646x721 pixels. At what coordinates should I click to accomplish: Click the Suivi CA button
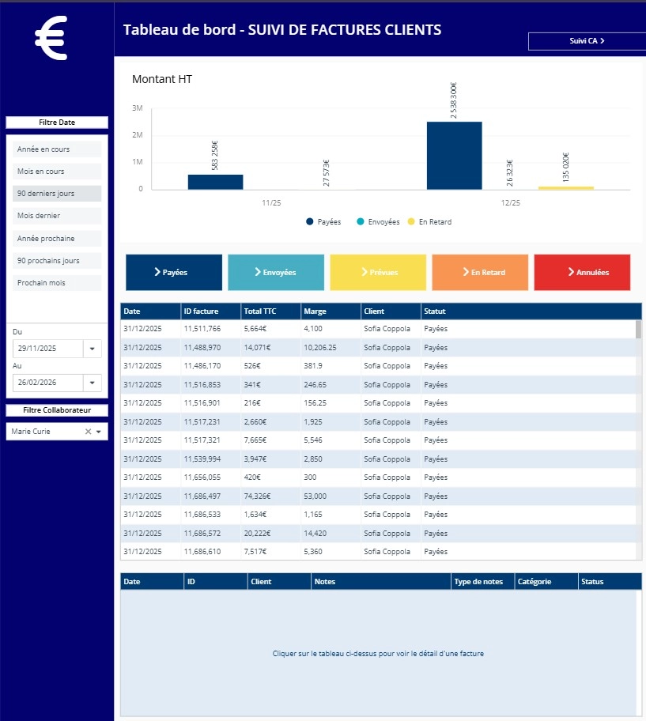[x=581, y=41]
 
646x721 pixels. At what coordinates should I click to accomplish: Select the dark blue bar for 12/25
[x=454, y=156]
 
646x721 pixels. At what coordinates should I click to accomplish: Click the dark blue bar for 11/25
[x=215, y=182]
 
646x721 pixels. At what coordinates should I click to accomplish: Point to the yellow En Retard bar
[x=565, y=187]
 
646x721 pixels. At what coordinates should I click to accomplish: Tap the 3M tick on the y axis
[x=137, y=108]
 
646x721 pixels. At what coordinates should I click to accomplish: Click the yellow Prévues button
[x=378, y=272]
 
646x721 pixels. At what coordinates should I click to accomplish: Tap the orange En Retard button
[x=480, y=272]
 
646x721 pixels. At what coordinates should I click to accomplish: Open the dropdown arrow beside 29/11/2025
[x=93, y=349]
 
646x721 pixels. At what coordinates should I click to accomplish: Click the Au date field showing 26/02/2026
[x=47, y=383]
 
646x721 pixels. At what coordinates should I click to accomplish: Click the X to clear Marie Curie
[x=88, y=432]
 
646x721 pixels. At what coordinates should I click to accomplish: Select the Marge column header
[x=330, y=311]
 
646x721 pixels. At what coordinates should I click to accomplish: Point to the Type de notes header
[x=482, y=582]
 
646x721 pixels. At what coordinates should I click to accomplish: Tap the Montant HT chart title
[x=162, y=79]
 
